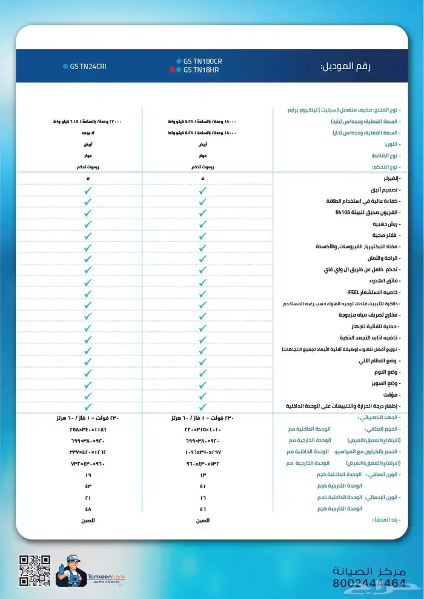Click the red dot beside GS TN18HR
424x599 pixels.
[172, 70]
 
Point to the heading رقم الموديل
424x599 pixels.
[345, 66]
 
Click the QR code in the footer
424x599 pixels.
[35, 571]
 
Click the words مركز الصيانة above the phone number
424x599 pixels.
[368, 571]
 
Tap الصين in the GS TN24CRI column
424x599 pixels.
[88, 520]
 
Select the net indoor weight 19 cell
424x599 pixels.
[88, 475]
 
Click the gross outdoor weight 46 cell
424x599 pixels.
[203, 509]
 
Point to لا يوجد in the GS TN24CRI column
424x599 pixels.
[88, 133]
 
